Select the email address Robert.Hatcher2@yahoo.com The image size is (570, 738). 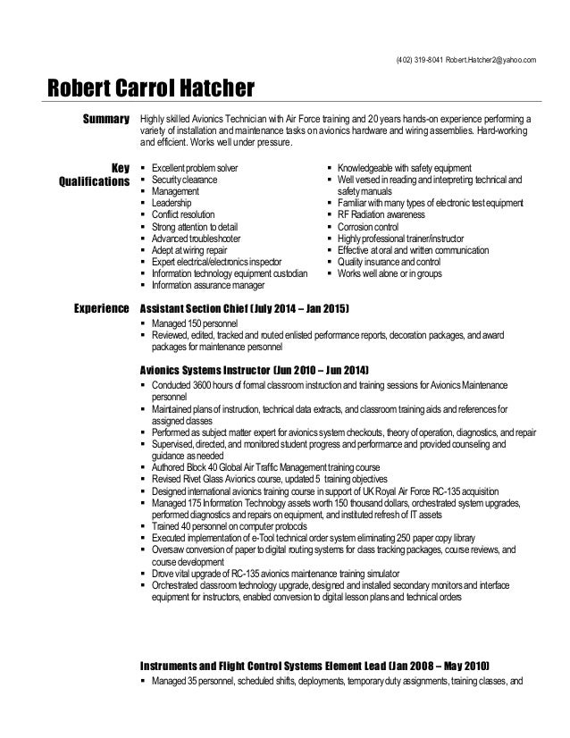492,60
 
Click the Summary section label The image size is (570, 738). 105,118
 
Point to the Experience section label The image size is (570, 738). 99,308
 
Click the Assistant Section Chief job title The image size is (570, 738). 245,308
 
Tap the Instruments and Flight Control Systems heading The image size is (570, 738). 314,667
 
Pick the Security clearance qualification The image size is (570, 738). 184,180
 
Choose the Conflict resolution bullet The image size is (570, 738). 185,215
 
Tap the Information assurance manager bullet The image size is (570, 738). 207,286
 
